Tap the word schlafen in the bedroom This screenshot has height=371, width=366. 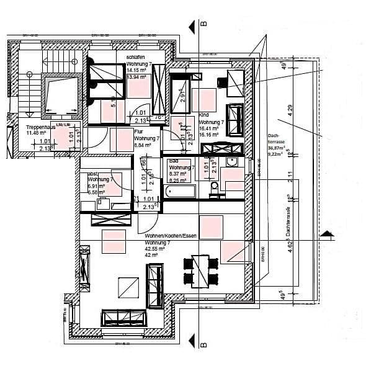[x=136, y=58]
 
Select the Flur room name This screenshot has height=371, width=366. [x=139, y=132]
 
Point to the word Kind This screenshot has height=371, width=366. [x=204, y=115]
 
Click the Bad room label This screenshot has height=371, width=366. [x=174, y=161]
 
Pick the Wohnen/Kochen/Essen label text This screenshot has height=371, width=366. [x=170, y=236]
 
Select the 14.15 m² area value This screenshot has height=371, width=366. [x=136, y=70]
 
